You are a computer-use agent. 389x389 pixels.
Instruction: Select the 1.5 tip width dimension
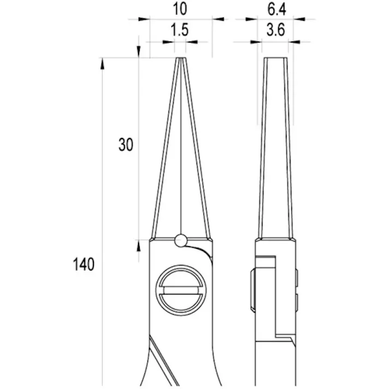[x=179, y=31]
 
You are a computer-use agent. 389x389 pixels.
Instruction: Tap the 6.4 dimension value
[x=277, y=10]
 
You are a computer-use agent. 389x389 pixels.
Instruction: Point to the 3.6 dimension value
[x=277, y=31]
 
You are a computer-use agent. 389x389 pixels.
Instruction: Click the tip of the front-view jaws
[x=180, y=58]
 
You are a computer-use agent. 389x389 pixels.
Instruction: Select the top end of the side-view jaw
[x=277, y=58]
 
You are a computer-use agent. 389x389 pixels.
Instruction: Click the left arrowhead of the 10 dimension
[x=143, y=19]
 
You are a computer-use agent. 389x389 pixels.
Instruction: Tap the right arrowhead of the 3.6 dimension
[x=295, y=41]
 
